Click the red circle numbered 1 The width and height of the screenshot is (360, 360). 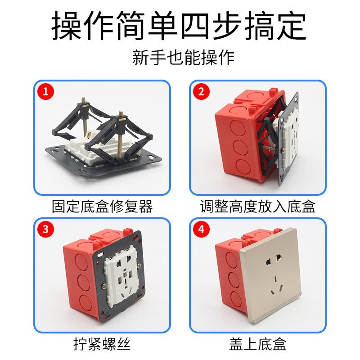pyautogui.click(x=45, y=92)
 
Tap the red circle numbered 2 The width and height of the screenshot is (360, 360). pyautogui.click(x=201, y=92)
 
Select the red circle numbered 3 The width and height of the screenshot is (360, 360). pyautogui.click(x=45, y=229)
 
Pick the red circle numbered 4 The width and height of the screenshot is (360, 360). pyautogui.click(x=201, y=229)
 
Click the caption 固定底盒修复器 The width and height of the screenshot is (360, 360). pyautogui.click(x=102, y=207)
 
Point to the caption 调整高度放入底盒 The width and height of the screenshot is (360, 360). pyautogui.click(x=257, y=207)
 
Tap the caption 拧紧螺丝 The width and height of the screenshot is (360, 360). pyautogui.click(x=102, y=344)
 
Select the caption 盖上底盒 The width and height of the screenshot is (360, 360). pyautogui.click(x=257, y=344)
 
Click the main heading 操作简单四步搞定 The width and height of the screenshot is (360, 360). pyautogui.click(x=179, y=26)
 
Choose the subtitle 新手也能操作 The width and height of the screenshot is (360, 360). pyautogui.click(x=183, y=58)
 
